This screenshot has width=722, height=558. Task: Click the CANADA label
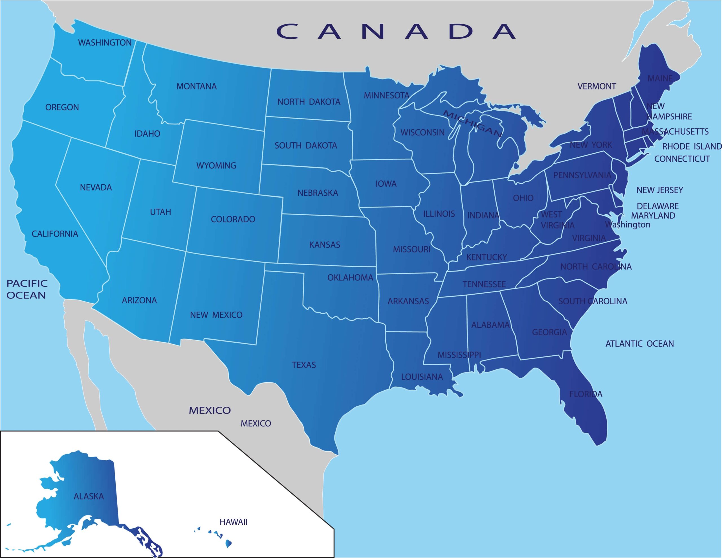[x=396, y=31]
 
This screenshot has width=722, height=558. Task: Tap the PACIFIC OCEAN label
[x=27, y=289]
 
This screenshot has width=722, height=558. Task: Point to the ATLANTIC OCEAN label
[x=639, y=344]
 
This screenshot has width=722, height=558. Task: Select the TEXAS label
[x=303, y=365]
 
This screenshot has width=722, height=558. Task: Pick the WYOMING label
[x=216, y=165]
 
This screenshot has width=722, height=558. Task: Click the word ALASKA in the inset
[x=89, y=496]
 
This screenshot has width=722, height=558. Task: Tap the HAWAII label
[x=234, y=522]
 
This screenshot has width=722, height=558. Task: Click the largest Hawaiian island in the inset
[x=228, y=543]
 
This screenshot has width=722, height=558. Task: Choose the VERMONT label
[x=597, y=86]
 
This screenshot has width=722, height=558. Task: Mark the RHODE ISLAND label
[x=692, y=146]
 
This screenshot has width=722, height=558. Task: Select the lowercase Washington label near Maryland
[x=628, y=225]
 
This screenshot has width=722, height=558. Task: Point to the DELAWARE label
[x=657, y=206]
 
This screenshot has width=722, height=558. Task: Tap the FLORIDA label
[x=586, y=394]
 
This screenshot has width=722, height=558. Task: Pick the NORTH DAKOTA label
[x=309, y=102]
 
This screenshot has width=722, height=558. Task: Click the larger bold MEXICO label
[x=210, y=410]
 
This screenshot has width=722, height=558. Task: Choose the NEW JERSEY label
[x=659, y=190]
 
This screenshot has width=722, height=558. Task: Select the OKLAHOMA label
[x=350, y=277]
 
